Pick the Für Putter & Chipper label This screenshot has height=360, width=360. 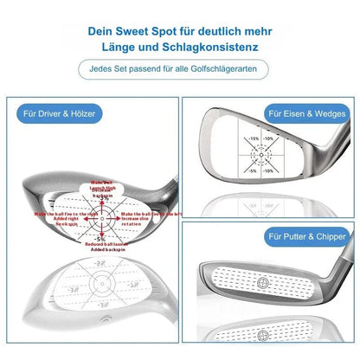[300, 235]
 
